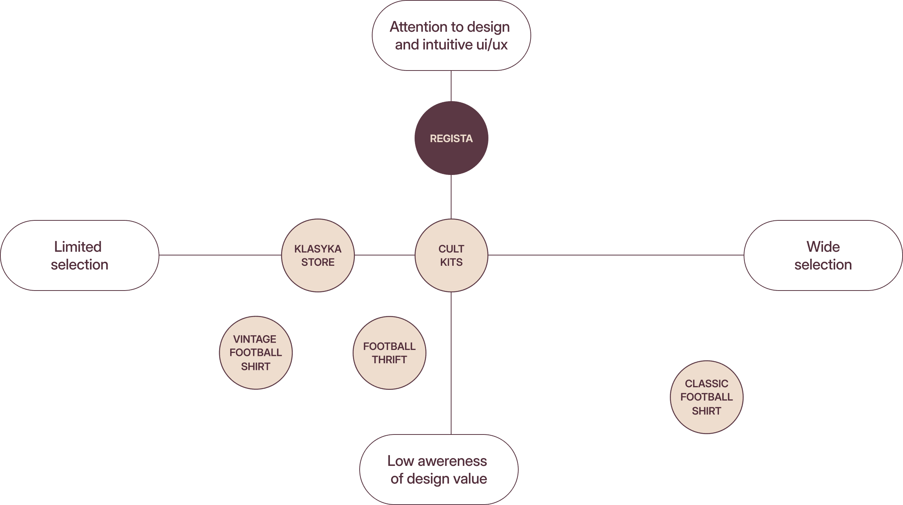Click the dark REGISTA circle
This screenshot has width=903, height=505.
pyautogui.click(x=451, y=138)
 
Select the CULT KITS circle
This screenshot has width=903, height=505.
pyautogui.click(x=451, y=255)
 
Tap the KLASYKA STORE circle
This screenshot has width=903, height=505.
pyautogui.click(x=318, y=255)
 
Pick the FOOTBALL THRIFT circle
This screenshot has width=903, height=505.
pyautogui.click(x=389, y=353)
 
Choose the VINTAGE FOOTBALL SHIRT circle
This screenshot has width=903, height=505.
pyautogui.click(x=256, y=353)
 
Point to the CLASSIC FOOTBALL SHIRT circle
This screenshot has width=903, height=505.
pyautogui.click(x=706, y=397)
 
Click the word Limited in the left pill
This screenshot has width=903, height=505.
pyautogui.click(x=78, y=247)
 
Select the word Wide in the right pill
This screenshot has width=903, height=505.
pyautogui.click(x=823, y=247)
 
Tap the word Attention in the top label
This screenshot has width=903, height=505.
pyautogui.click(x=418, y=27)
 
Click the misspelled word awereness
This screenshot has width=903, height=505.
pyautogui.click(x=452, y=461)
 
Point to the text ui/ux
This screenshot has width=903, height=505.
pyautogui.click(x=492, y=45)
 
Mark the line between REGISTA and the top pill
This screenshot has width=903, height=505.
pyautogui.click(x=451, y=86)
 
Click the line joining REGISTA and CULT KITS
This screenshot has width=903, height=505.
pyautogui.click(x=451, y=197)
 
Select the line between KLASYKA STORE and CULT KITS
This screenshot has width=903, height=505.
pyautogui.click(x=385, y=255)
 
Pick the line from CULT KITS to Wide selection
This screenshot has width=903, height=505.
pyautogui.click(x=616, y=255)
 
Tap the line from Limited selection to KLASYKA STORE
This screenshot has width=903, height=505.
pyautogui.click(x=220, y=255)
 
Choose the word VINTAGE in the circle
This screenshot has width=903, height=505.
pyautogui.click(x=255, y=339)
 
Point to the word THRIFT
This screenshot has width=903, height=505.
pyautogui.click(x=389, y=360)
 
